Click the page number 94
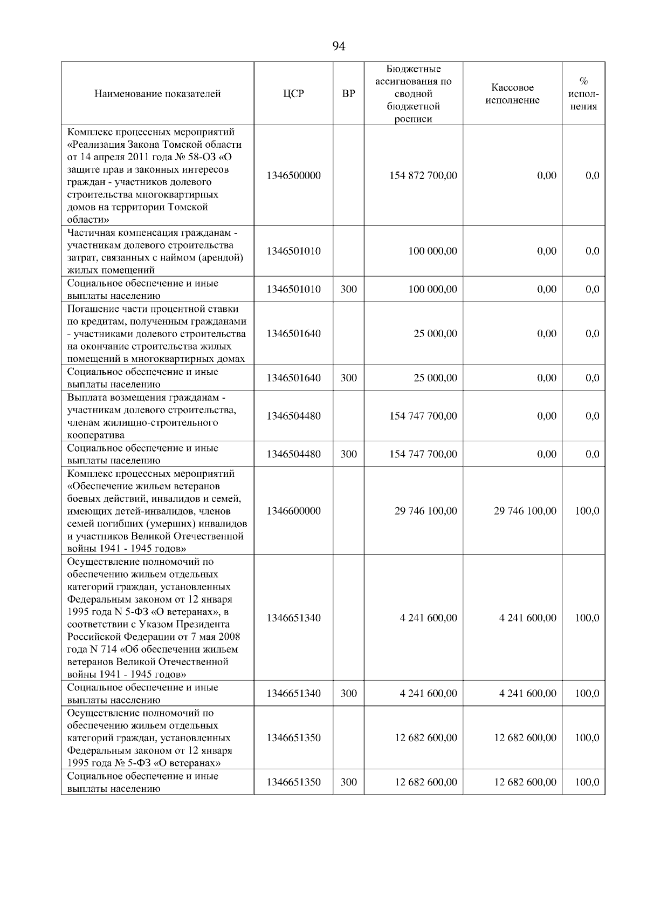coord(339,46)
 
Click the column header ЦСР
coord(293,94)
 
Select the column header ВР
coord(349,94)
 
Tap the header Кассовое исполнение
coord(512,94)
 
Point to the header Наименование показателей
coord(157,94)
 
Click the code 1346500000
coord(293,176)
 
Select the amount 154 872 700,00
coord(423,176)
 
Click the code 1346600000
coord(293,511)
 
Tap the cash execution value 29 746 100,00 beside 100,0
coord(525,511)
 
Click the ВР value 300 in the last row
coord(349,782)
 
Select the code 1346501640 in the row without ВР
coord(293,334)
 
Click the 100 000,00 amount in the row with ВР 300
coord(432,290)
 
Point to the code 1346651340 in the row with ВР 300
coord(293,694)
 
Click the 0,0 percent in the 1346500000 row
coord(592,176)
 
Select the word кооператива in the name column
coord(95,435)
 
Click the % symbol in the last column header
coord(583,81)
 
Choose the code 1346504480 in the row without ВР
coord(293,416)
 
